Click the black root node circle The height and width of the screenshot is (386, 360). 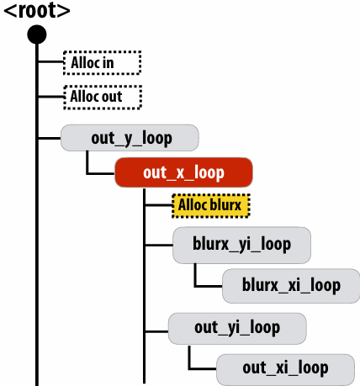click(x=37, y=34)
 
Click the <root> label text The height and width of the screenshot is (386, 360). click(x=37, y=10)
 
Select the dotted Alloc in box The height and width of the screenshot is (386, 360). click(x=102, y=63)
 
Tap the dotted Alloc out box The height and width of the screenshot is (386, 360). click(x=103, y=98)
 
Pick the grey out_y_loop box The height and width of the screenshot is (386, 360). click(x=130, y=138)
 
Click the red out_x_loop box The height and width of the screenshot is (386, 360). click(x=183, y=172)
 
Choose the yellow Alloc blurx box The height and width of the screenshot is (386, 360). click(x=211, y=205)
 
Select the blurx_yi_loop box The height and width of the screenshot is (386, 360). click(x=241, y=245)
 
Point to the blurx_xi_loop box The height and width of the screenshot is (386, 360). click(x=291, y=286)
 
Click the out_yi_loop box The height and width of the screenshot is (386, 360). click(x=237, y=328)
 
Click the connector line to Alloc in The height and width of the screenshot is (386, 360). click(x=50, y=61)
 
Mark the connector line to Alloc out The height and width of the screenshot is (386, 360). click(x=51, y=97)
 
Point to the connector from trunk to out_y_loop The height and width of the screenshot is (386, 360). click(x=50, y=138)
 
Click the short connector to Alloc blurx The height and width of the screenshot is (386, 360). click(x=159, y=205)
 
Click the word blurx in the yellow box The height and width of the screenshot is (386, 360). click(x=225, y=205)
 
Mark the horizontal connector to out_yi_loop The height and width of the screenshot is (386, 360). click(x=156, y=331)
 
